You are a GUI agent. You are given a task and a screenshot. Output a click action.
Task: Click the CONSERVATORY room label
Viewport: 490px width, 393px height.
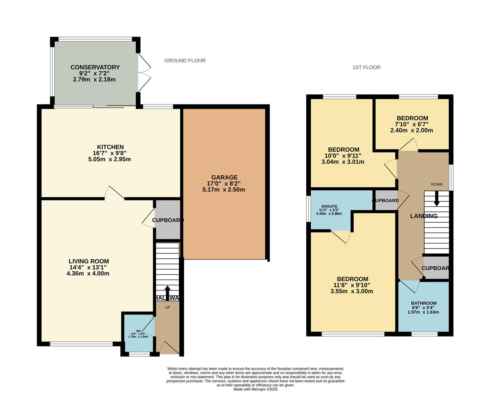[95, 67]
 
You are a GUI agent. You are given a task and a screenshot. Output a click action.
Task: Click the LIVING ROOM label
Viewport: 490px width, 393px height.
[89, 261]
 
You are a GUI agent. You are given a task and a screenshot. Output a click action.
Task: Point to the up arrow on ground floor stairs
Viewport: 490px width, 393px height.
[167, 292]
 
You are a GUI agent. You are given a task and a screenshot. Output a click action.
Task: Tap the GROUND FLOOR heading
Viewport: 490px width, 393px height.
[185, 60]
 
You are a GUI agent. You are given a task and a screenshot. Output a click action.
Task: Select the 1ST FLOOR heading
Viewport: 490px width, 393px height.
[366, 67]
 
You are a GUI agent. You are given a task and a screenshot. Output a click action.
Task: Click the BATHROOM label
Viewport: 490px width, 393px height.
[424, 303]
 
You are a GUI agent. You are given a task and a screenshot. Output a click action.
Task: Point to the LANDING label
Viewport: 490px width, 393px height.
[424, 216]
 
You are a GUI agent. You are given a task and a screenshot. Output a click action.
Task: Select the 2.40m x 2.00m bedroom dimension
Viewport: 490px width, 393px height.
[412, 130]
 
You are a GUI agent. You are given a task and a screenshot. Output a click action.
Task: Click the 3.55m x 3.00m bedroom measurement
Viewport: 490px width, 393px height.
[352, 291]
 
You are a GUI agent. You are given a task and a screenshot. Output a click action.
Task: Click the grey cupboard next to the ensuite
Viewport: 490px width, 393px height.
[386, 201]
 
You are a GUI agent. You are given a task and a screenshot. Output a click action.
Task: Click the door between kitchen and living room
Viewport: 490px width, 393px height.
[115, 193]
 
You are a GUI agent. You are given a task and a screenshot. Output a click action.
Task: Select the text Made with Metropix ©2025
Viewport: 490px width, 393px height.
[255, 389]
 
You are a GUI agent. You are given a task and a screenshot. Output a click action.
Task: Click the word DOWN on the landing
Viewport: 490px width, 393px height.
[437, 184]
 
